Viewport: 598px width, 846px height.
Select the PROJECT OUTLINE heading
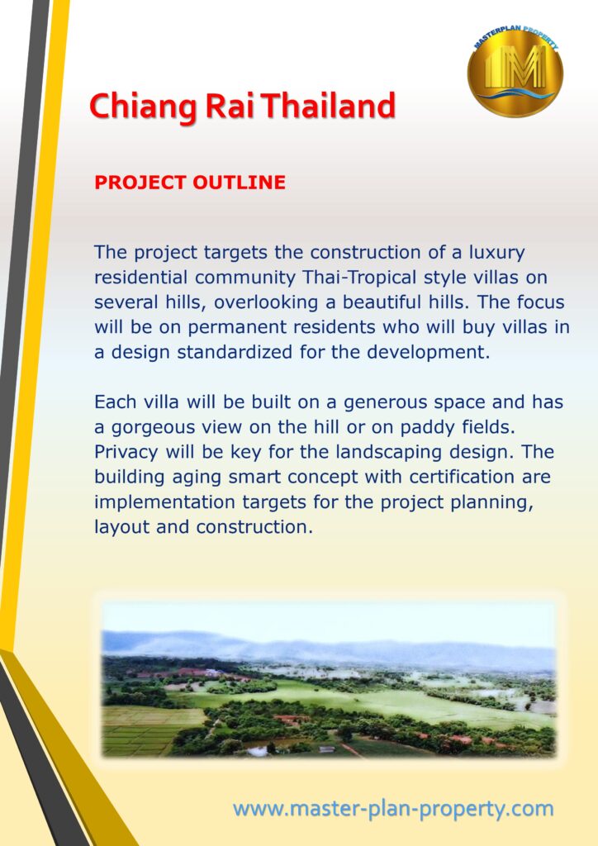click(x=190, y=183)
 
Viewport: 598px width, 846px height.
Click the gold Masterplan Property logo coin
click(x=515, y=71)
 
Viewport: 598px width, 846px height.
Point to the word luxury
click(x=496, y=253)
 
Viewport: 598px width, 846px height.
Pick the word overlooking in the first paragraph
click(x=266, y=302)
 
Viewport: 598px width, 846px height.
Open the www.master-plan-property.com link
click(x=393, y=809)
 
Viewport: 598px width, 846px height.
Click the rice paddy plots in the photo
click(x=151, y=729)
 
